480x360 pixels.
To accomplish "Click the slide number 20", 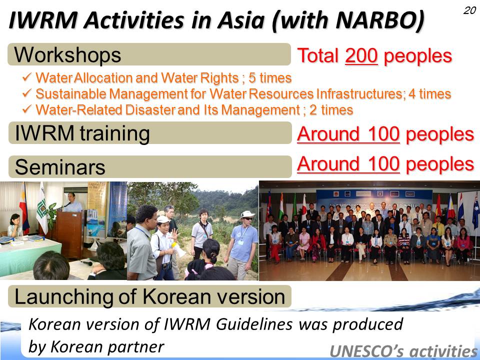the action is coord(469,10).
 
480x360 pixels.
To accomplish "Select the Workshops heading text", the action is coord(67,55).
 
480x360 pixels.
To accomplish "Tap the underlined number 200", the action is coord(361,55).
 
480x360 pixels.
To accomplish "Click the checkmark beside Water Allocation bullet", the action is coord(27,77).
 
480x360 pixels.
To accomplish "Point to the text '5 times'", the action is coord(270,78).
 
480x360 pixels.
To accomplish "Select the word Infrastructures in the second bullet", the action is coord(360,93).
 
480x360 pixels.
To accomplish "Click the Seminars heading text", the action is coord(60,167).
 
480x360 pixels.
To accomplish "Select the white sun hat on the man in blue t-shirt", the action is coord(247,214).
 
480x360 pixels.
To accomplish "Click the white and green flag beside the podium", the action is coord(42,208).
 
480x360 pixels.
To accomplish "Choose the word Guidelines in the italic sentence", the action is coord(254,324).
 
